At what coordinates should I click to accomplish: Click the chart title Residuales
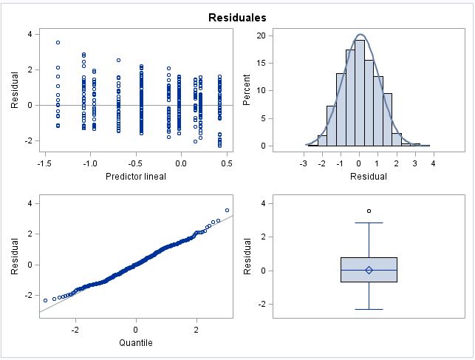coord(237,16)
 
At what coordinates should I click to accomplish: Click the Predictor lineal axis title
coord(136,176)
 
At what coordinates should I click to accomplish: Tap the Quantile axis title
coord(136,342)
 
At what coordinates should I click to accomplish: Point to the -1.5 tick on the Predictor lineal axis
coord(45,163)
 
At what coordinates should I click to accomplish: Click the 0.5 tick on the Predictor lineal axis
coord(227,163)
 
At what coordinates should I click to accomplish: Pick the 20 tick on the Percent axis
coord(261,36)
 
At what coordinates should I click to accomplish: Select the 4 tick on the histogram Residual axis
coord(433,163)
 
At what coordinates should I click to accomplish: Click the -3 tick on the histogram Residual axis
coord(304,163)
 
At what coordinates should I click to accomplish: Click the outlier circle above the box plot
coord(369,211)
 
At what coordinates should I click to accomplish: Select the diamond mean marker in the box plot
coord(369,270)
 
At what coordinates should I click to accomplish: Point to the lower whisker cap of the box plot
coord(369,309)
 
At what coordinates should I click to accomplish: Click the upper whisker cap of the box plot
coord(369,223)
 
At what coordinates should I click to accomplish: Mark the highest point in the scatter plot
coord(58,42)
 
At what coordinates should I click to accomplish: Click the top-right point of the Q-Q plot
coord(227,210)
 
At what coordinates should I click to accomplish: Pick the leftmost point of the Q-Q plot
coord(45,300)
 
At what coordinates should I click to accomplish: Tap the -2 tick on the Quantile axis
coord(75,329)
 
